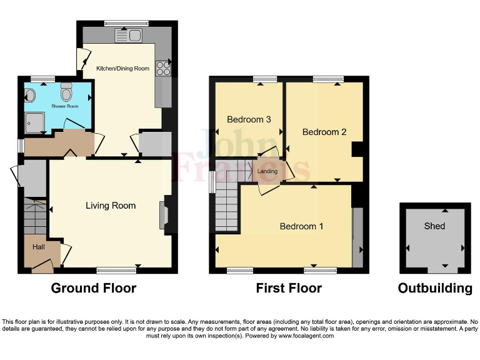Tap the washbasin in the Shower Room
tap(31, 95)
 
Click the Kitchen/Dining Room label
tap(122, 68)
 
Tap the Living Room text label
tap(111, 205)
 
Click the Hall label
tap(39, 247)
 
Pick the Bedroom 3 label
tap(249, 119)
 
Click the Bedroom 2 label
tap(324, 132)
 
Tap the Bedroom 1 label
tap(301, 226)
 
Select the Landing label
tap(267, 171)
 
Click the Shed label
tap(434, 226)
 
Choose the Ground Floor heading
tap(93, 288)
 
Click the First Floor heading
tap(289, 288)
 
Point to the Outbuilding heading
tap(435, 288)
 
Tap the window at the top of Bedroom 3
tap(265, 79)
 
